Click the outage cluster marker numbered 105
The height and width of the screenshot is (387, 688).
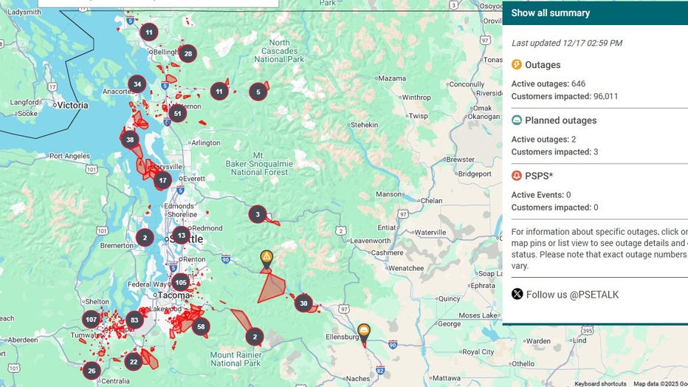181,282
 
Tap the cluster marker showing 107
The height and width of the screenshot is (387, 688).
91,320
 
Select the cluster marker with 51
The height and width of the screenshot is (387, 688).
177,113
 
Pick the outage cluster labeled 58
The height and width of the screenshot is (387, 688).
201,326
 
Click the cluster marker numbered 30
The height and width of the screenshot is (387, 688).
303,303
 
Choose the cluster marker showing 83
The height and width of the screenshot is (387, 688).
134,320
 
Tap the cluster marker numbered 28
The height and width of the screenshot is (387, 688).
188,53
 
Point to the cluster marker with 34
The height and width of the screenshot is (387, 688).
137,84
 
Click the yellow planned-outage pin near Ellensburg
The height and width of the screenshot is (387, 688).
363,331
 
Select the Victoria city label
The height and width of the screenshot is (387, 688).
72,105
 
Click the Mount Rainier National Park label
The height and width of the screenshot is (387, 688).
235,359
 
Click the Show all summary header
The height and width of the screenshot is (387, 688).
551,13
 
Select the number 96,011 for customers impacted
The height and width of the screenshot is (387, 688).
600,96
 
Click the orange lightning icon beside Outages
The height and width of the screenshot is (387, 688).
517,65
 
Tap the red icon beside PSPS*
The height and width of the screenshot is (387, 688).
517,176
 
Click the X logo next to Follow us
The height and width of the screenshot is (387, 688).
517,295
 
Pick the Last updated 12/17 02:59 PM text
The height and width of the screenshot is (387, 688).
566,43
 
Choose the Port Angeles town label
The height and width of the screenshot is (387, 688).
69,156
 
